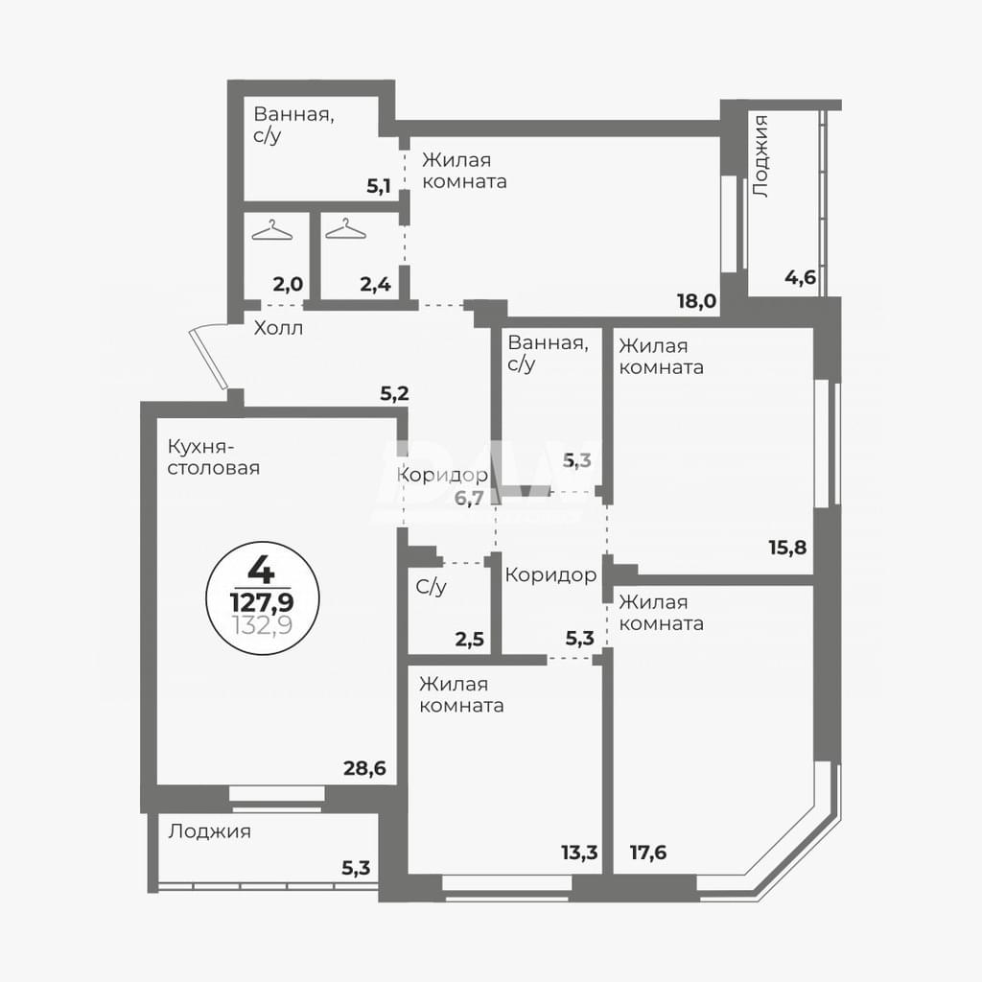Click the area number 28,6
point(364,768)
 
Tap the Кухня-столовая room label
point(214,457)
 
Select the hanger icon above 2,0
point(271,230)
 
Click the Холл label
point(278,328)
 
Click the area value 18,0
point(696,301)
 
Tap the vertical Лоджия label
point(760,156)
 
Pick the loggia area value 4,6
point(801,277)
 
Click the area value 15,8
point(788,548)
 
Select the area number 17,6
point(648,853)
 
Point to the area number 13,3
point(579,853)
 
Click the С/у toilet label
point(431,588)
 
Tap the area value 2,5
point(470,641)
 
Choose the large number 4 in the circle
point(261,570)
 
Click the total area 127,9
point(263,602)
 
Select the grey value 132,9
point(263,625)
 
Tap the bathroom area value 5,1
point(379,186)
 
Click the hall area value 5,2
point(394,393)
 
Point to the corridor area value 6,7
point(469,499)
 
